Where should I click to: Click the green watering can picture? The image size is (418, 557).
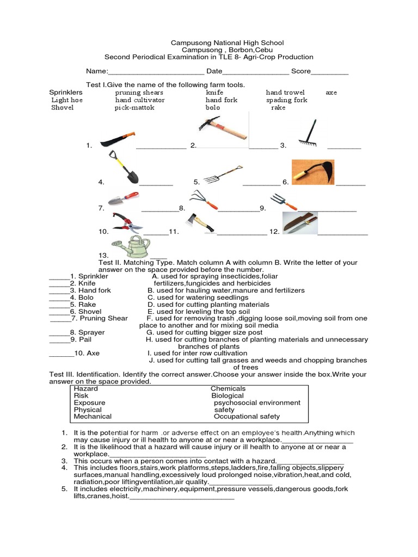(131, 246)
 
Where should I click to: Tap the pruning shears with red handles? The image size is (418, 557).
(127, 221)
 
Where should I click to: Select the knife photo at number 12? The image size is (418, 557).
(300, 223)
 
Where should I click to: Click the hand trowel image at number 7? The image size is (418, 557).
(123, 199)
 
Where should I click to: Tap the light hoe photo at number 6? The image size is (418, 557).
(312, 172)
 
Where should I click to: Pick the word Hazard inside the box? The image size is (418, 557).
(86, 389)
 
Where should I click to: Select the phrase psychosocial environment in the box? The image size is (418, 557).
(257, 403)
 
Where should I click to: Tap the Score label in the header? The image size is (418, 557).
(301, 71)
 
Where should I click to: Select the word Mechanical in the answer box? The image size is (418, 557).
(93, 417)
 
